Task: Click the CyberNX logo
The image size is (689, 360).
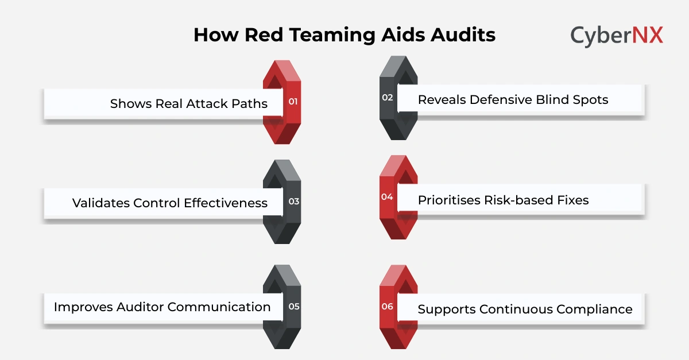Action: click(617, 36)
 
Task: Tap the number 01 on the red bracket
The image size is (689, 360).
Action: click(293, 102)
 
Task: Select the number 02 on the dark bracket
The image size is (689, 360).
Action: click(388, 98)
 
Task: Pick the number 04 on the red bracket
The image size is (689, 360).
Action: click(387, 197)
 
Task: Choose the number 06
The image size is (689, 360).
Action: click(388, 306)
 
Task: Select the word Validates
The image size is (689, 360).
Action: click(101, 203)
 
